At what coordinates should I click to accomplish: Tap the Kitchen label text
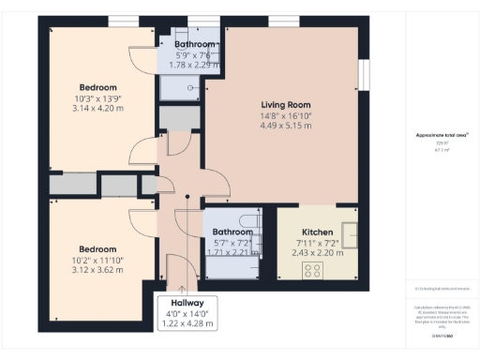click(x=319, y=232)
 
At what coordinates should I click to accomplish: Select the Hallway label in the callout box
click(x=187, y=303)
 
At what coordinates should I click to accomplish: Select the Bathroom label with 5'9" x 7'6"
click(x=195, y=44)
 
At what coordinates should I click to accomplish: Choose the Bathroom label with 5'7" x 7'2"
click(x=231, y=232)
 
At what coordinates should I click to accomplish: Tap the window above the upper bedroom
click(x=120, y=22)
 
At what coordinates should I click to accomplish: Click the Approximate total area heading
click(x=442, y=135)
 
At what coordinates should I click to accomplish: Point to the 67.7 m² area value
click(x=442, y=148)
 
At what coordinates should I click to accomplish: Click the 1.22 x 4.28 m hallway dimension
click(x=187, y=323)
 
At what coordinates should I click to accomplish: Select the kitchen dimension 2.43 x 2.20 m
click(x=319, y=252)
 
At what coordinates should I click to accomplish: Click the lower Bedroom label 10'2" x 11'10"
click(x=97, y=248)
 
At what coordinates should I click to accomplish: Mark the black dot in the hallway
click(x=187, y=196)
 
